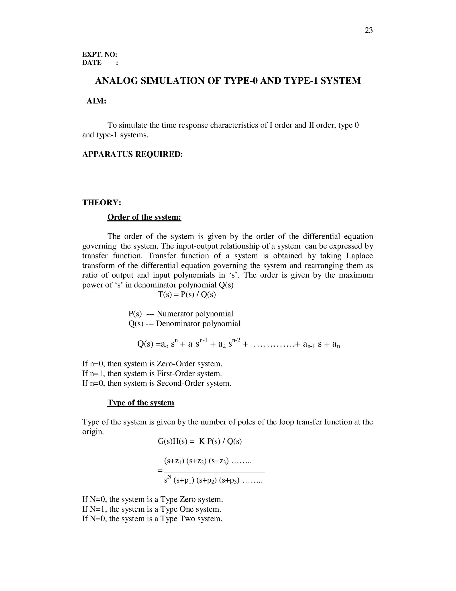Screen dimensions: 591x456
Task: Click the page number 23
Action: (368, 30)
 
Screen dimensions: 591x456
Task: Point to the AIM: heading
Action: (96, 101)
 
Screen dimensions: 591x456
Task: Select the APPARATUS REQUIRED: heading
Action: (132, 154)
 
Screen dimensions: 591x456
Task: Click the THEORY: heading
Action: (102, 203)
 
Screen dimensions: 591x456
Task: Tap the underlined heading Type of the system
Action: (141, 402)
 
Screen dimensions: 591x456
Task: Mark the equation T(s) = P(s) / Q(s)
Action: (187, 294)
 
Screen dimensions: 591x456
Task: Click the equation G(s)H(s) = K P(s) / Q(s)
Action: (200, 441)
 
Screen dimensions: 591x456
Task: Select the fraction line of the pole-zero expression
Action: (214, 472)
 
